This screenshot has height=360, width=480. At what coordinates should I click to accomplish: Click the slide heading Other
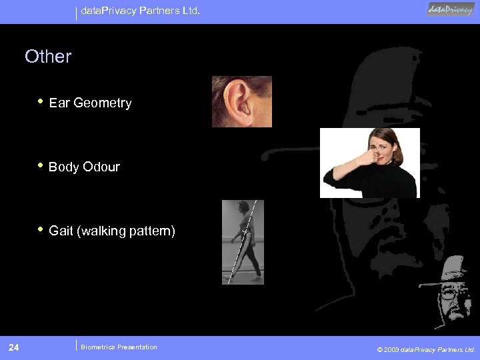tap(48, 57)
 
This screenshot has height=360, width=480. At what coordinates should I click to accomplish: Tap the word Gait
tap(61, 231)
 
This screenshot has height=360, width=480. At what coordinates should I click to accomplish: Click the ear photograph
tap(241, 101)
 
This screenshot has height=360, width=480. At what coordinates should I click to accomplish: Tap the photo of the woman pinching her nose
tap(369, 163)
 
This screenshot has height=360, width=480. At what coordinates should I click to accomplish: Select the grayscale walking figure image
tap(243, 242)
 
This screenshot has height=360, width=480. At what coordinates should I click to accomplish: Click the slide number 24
tap(14, 347)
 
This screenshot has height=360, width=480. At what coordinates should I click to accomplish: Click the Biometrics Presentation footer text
tap(119, 347)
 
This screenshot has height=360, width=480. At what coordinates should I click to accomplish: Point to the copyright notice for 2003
tap(426, 349)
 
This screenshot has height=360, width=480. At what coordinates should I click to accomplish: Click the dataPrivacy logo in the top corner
tap(451, 9)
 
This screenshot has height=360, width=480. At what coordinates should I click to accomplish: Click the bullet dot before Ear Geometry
tap(41, 102)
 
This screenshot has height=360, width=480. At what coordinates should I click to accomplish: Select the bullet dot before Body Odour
tap(41, 166)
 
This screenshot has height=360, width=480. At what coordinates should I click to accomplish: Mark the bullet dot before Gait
tap(41, 230)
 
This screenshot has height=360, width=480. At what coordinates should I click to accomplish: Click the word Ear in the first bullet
tap(59, 103)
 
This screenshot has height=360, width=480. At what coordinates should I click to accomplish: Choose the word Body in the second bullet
tap(64, 167)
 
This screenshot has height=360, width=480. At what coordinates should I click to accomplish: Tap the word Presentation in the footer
tap(137, 347)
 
